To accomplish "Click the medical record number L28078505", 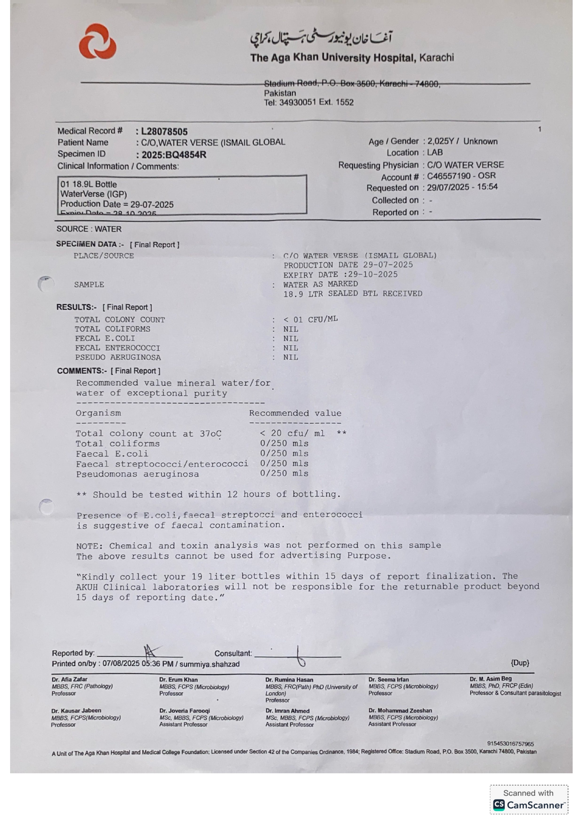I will pos(164,132).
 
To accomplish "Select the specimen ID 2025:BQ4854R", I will pos(174,155).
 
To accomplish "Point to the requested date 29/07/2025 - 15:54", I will pos(462,187).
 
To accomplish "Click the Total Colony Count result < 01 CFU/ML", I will pos(310,319).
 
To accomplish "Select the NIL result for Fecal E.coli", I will pos(290,338).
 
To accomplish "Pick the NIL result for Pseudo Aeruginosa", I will pos(290,357).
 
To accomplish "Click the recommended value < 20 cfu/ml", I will pos(292,433).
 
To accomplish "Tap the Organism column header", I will pos(98,413).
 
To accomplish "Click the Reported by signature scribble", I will pos(151,650).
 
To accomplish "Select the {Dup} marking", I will pos(520,662).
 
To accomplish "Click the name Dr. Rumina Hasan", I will pos(289,680).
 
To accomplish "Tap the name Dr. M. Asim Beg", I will pos(490,679).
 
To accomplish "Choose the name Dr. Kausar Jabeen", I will pos(76,711).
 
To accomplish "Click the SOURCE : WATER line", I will pos(89,229).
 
